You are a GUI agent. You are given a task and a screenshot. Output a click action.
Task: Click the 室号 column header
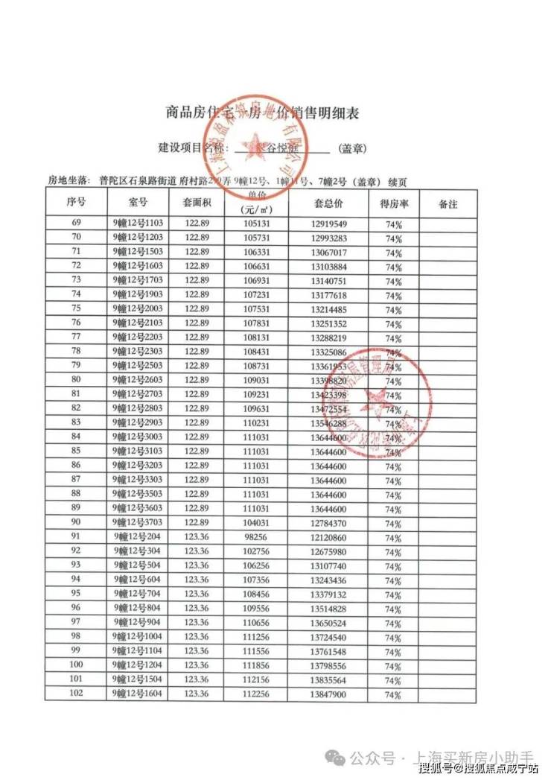[x=138, y=203]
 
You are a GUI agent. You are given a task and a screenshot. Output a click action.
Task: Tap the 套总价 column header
[x=328, y=203]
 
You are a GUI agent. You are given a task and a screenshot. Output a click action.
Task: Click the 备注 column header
[x=448, y=203]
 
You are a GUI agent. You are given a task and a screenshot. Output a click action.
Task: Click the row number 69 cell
[x=76, y=223]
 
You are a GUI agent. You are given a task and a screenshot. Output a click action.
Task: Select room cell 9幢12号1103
[x=138, y=223]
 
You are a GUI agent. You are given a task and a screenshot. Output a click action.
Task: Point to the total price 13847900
[x=328, y=694]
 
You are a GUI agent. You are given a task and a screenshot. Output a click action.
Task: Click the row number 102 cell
[x=76, y=694]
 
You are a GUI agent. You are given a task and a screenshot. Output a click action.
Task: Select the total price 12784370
[x=328, y=524]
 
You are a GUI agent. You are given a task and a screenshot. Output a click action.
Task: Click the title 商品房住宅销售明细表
[x=261, y=113]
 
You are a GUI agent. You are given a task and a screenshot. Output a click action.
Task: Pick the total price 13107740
[x=328, y=565]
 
